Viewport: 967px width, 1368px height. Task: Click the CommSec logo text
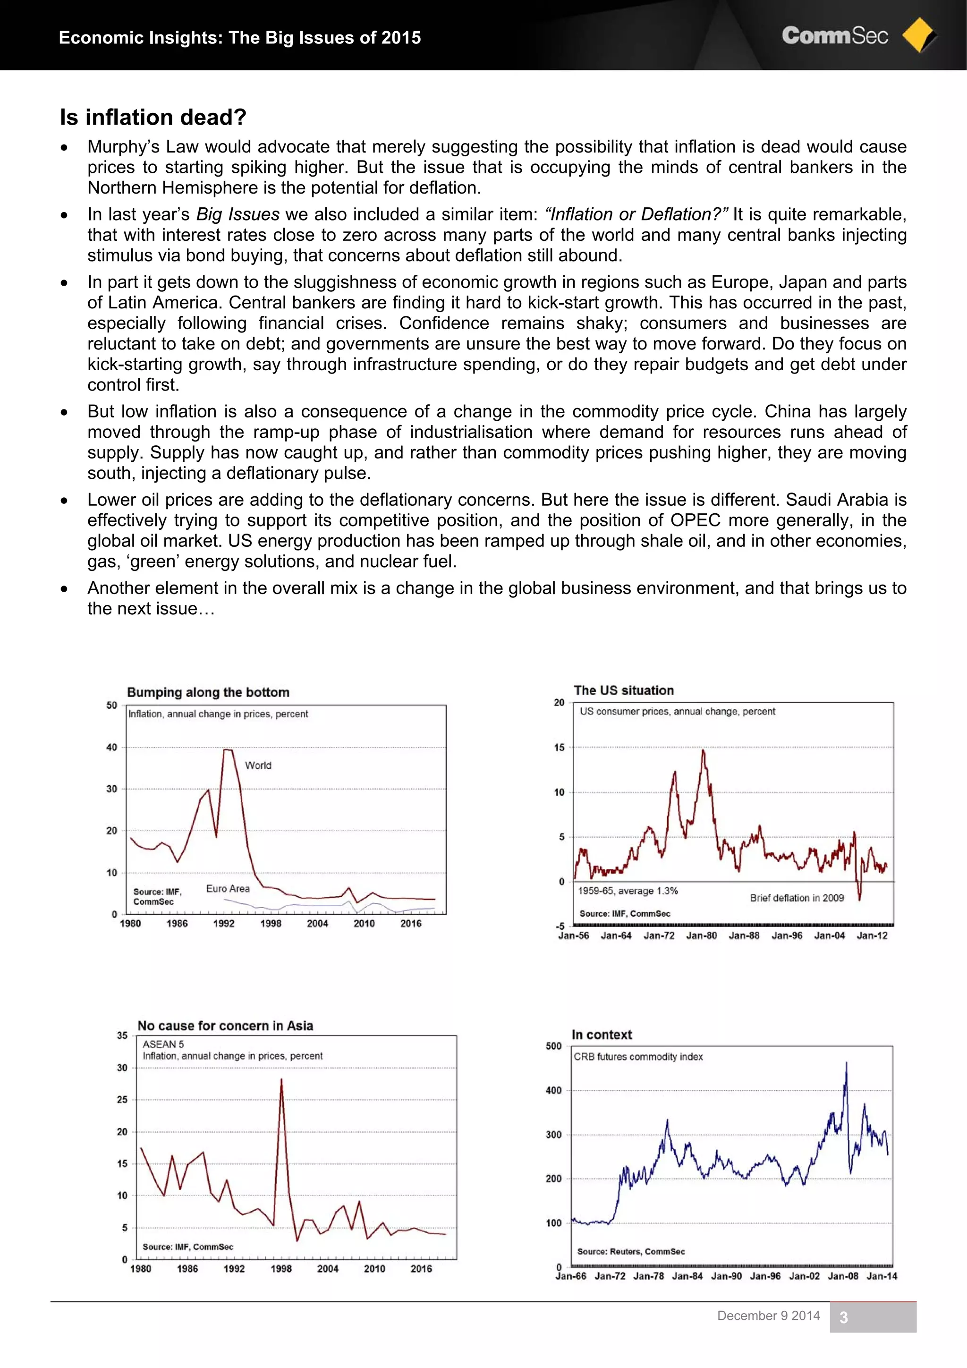pos(835,36)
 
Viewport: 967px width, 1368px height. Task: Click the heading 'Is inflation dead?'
pos(153,118)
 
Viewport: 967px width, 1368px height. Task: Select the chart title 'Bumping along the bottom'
pos(208,692)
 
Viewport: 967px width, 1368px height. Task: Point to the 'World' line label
pos(258,765)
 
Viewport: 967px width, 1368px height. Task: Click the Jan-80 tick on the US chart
pos(701,935)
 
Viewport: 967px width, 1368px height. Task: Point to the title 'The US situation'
pos(623,690)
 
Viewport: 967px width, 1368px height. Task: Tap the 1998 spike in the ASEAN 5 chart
pos(281,1079)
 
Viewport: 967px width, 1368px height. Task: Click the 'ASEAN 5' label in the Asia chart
pos(163,1044)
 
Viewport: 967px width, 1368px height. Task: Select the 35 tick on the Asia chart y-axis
pos(122,1036)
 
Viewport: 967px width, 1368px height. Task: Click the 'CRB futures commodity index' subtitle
pos(638,1056)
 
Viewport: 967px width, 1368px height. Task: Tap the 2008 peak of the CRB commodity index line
pos(846,1063)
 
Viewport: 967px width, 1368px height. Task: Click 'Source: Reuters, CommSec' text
pos(630,1251)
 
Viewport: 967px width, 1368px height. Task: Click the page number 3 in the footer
pos(843,1317)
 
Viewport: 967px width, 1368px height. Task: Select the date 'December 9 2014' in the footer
pos(768,1316)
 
